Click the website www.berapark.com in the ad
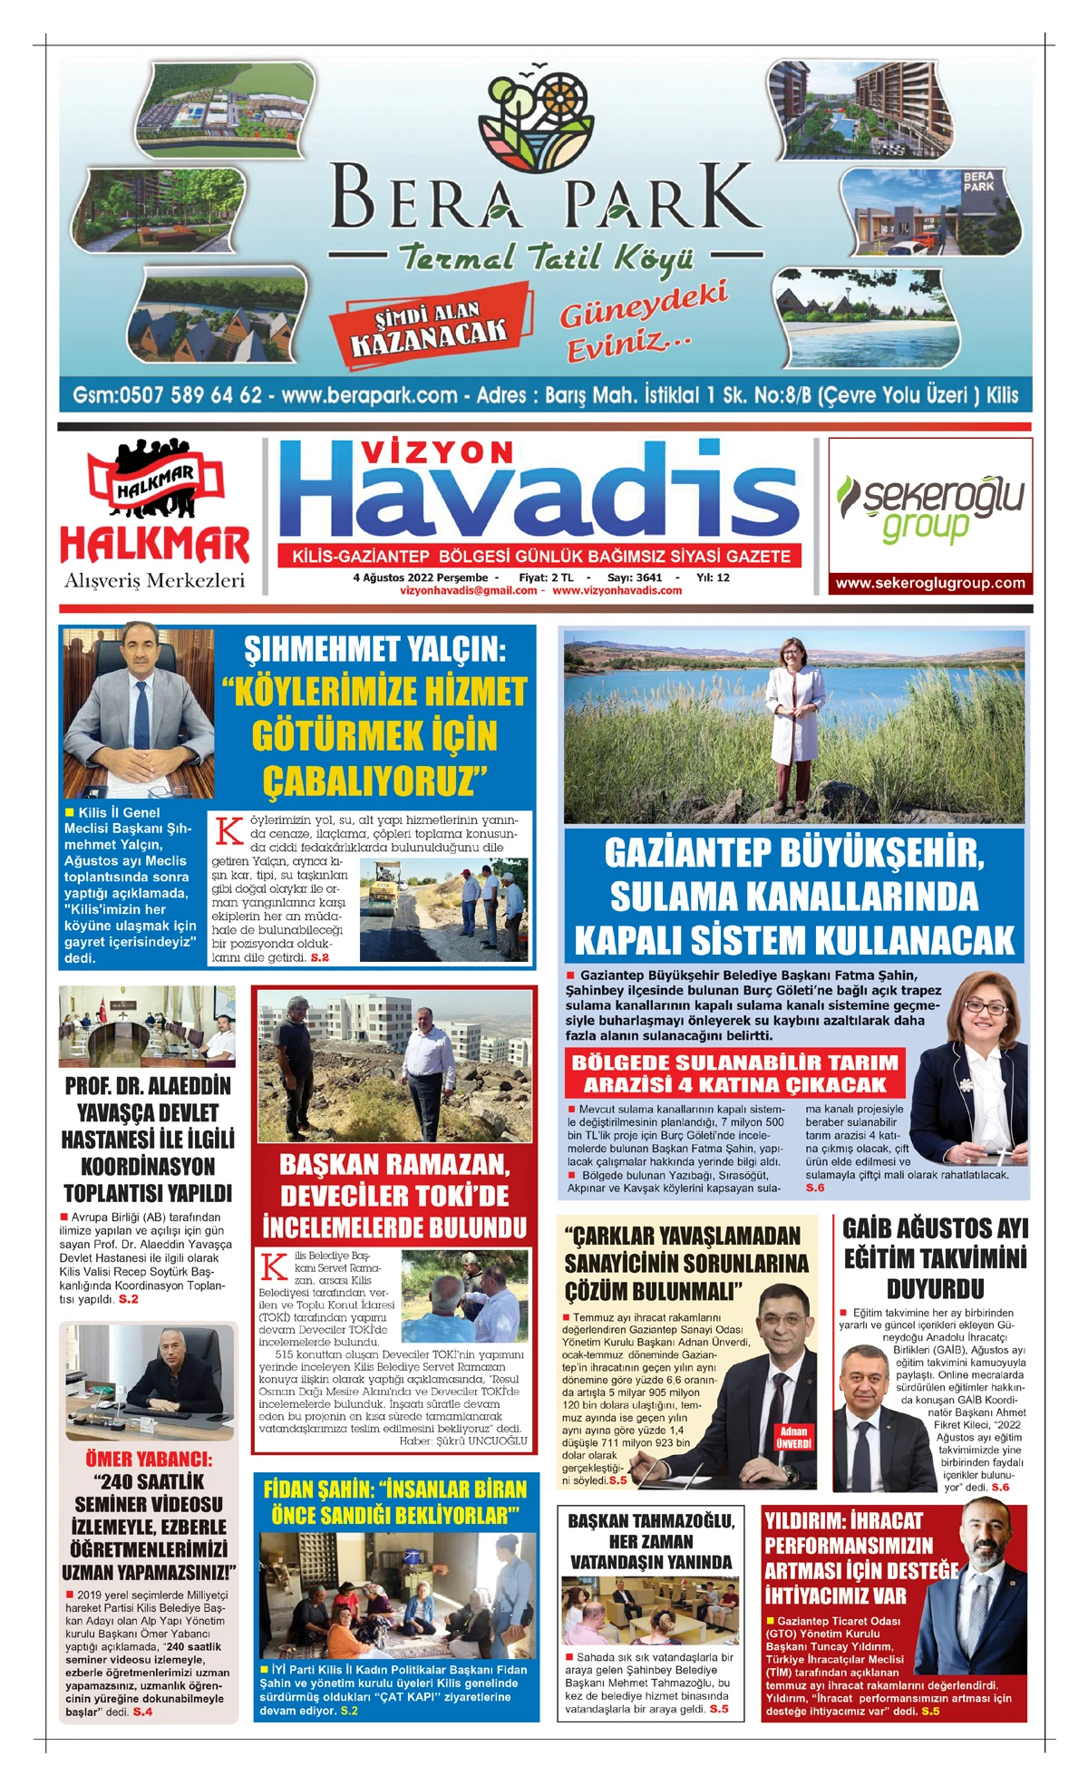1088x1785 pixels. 369,395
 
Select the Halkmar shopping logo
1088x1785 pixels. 155,515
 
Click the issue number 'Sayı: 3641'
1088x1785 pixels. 635,577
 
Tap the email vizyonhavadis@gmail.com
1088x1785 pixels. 468,590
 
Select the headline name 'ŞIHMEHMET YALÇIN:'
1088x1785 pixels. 374,649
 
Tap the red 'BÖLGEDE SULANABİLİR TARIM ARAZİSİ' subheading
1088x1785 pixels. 734,1073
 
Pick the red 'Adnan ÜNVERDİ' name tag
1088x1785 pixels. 793,1437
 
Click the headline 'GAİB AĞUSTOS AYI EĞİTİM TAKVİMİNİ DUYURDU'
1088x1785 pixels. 935,1258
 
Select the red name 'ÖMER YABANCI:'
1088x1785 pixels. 150,1460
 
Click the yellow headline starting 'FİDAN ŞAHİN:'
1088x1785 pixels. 394,1502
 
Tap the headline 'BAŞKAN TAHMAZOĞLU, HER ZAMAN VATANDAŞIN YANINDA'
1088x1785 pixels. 651,1541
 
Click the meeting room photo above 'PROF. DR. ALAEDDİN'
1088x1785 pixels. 148,1027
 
